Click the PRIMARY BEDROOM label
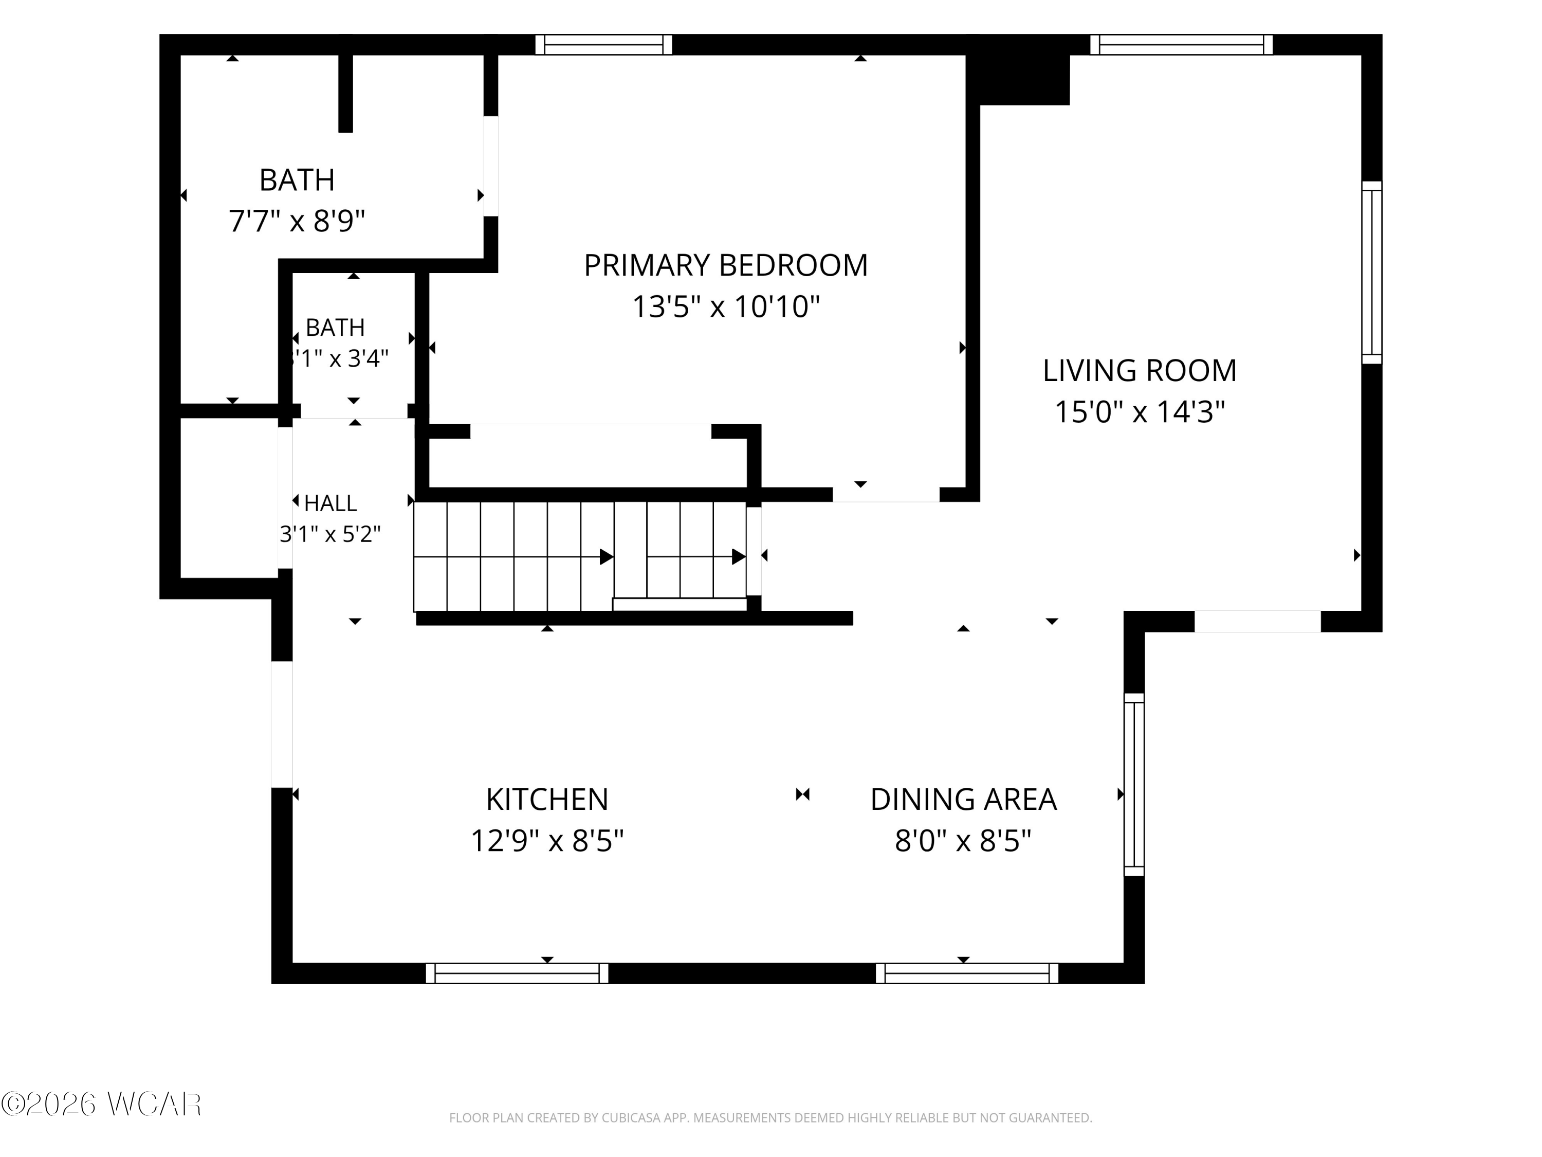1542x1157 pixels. coord(726,266)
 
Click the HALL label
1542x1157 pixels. coord(331,503)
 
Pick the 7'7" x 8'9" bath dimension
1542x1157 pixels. coord(297,222)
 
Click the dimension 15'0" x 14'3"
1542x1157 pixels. coord(1140,412)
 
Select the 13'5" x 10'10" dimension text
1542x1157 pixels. coord(726,307)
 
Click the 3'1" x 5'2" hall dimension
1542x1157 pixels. coord(331,534)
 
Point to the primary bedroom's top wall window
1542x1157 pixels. coord(604,45)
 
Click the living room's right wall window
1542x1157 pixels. coord(1372,273)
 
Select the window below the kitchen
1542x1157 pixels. coord(517,973)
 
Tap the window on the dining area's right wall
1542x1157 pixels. coord(1134,785)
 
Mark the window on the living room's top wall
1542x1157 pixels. coord(1182,45)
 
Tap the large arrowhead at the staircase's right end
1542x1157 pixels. coord(738,556)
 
